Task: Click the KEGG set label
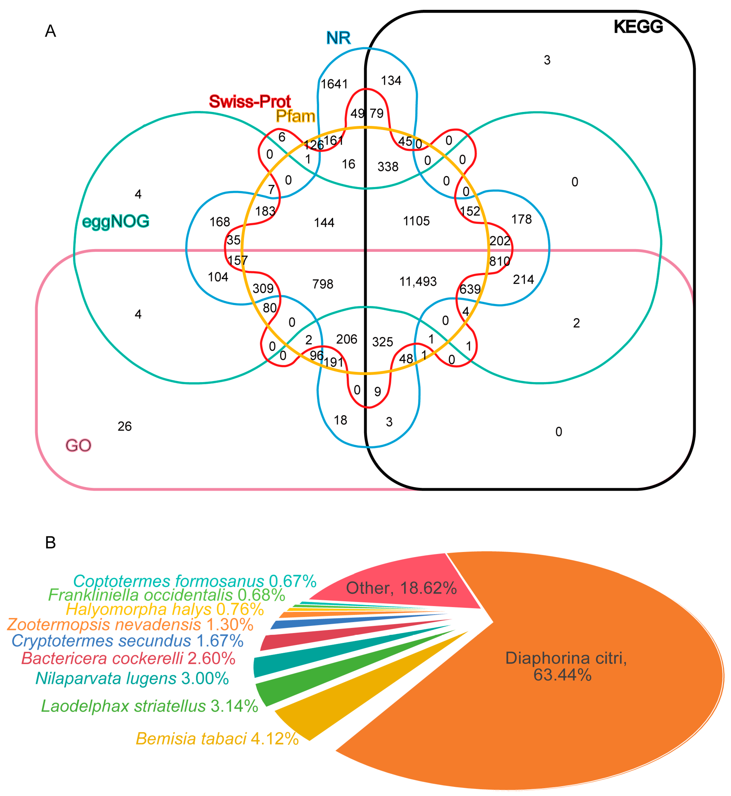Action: (x=638, y=27)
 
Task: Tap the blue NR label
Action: (x=338, y=38)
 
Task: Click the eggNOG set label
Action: (x=115, y=221)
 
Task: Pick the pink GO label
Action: (x=78, y=445)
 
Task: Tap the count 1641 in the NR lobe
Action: (x=334, y=84)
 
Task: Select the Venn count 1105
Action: (x=416, y=221)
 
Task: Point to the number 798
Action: (x=323, y=284)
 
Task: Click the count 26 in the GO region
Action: (x=125, y=426)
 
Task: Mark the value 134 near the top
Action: (x=391, y=81)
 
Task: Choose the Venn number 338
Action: (x=388, y=167)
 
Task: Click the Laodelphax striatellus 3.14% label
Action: (x=149, y=706)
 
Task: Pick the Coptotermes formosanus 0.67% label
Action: (x=195, y=581)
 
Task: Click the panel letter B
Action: (x=50, y=543)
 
